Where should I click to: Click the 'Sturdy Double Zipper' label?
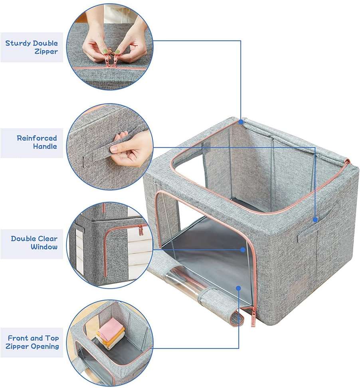[32, 47]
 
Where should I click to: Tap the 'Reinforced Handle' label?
[37, 142]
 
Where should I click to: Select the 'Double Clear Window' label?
[34, 243]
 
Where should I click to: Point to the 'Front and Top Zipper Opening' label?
[32, 342]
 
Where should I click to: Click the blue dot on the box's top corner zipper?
[241, 122]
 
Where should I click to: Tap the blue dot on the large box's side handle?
[315, 220]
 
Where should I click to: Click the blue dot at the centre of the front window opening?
[243, 249]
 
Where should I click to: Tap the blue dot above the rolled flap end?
[239, 288]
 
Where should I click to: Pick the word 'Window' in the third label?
[44, 247]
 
